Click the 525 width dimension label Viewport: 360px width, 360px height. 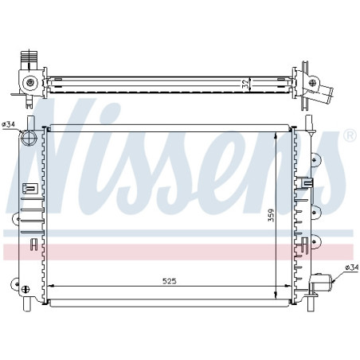pyautogui.click(x=170, y=281)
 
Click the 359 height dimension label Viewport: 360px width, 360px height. pyautogui.click(x=271, y=215)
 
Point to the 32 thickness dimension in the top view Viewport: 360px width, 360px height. pyautogui.click(x=246, y=84)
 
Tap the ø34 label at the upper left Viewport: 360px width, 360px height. pyautogui.click(x=9, y=124)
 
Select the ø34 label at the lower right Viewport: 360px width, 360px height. pyautogui.click(x=352, y=268)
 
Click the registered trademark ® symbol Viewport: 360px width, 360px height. pyautogui.click(x=350, y=135)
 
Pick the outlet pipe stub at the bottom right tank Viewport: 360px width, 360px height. pyautogui.click(x=321, y=283)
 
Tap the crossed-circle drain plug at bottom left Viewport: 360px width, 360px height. pyautogui.click(x=25, y=289)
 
